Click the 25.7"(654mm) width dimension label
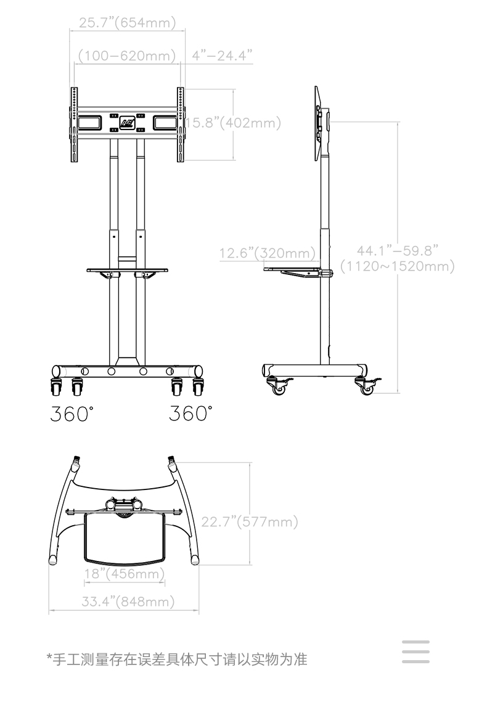tap(127, 23)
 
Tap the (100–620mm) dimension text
tap(127, 55)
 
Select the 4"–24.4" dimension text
tap(222, 55)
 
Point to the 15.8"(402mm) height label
tap(234, 123)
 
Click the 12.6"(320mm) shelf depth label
tap(268, 253)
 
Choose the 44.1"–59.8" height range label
tap(397, 251)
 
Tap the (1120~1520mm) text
tap(397, 266)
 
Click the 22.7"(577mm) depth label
tap(250, 521)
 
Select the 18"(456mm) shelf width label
tap(125, 573)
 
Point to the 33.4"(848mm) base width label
tap(128, 602)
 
